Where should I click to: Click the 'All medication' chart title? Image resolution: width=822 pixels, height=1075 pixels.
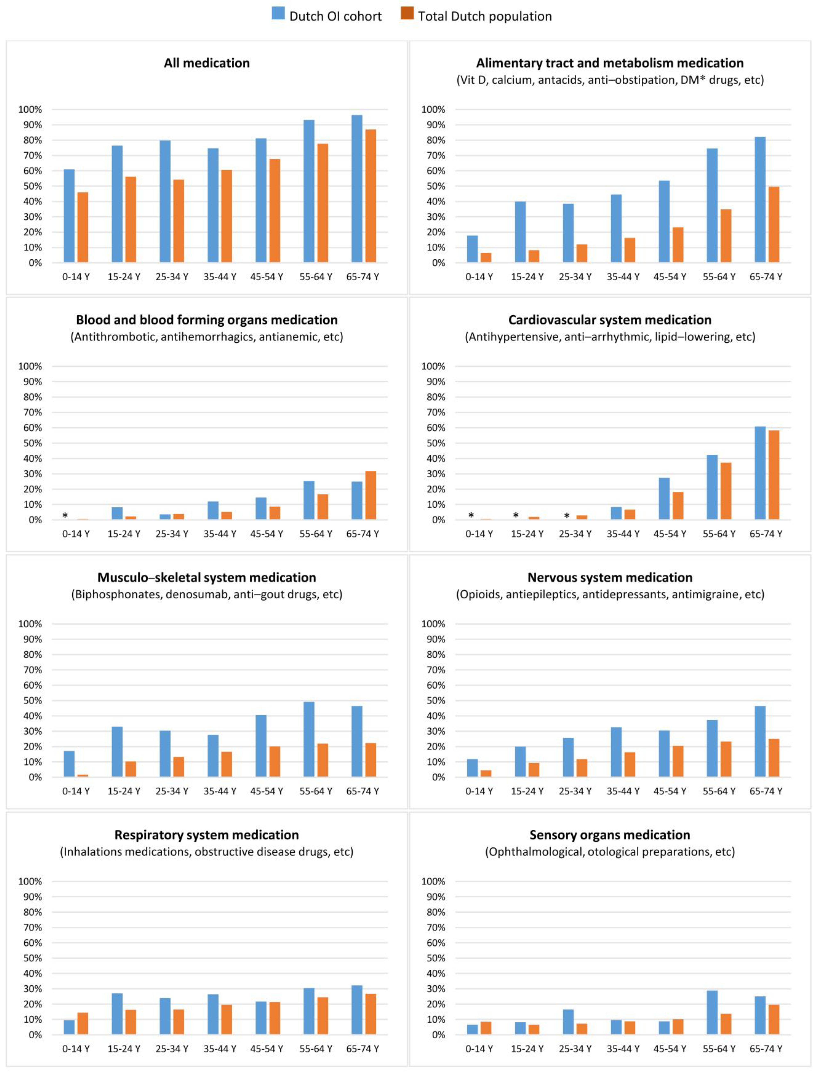(207, 63)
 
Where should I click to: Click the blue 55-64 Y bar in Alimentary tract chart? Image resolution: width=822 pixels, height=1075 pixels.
(712, 206)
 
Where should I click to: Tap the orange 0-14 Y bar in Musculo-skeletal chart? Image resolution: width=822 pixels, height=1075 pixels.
(83, 776)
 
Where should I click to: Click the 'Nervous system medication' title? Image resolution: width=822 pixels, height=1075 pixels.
(610, 577)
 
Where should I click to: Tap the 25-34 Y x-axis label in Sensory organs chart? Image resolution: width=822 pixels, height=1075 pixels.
(575, 1049)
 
